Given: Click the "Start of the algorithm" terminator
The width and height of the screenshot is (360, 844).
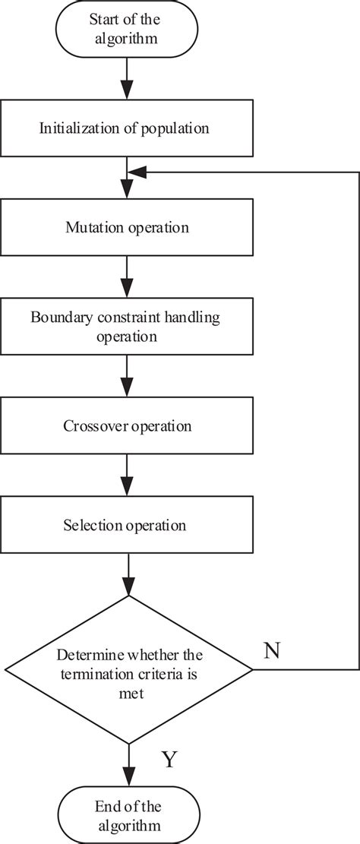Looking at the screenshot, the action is coord(127,29).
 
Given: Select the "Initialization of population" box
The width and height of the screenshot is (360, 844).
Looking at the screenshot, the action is coord(127,128).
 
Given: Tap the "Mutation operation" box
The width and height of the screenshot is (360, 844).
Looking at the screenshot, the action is coord(127,227).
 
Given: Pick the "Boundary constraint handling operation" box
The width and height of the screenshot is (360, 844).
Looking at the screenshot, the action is coord(127,326).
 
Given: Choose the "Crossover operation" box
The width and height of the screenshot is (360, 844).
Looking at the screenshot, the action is coord(127,425).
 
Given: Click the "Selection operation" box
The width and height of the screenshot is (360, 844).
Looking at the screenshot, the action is coord(127,525).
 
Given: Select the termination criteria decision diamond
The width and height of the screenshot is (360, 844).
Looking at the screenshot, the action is coord(128,669).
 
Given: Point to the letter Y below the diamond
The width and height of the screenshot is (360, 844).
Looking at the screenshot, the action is coord(169,760).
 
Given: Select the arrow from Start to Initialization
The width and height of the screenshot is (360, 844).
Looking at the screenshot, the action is coord(128,78).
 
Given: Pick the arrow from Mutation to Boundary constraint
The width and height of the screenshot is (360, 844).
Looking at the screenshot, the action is coord(128,277).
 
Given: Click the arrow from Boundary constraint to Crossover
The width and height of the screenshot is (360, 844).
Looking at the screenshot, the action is coord(128,376).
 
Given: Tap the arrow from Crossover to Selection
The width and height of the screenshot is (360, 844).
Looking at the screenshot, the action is coord(128,475).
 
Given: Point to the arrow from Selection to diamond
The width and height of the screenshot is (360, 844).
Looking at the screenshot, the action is coord(128,574).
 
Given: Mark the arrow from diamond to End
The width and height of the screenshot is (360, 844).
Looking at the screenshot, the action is coord(128,765).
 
